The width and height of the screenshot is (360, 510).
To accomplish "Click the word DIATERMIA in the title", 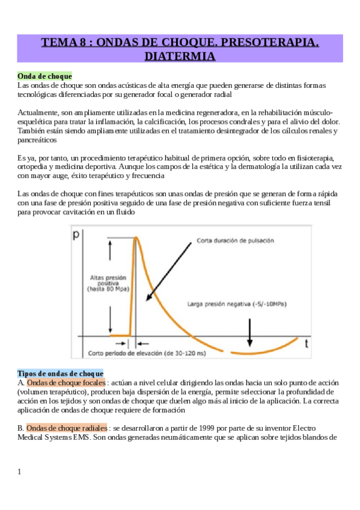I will [x=180, y=56].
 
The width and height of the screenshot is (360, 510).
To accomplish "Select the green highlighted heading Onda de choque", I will [x=45, y=76].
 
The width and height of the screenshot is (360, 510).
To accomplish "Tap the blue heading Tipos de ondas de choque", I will [x=60, y=373].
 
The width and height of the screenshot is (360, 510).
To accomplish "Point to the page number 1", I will [x=20, y=472].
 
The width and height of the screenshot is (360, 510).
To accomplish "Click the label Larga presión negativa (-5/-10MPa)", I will [x=236, y=304].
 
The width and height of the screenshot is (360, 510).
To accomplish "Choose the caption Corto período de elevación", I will [x=147, y=353].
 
